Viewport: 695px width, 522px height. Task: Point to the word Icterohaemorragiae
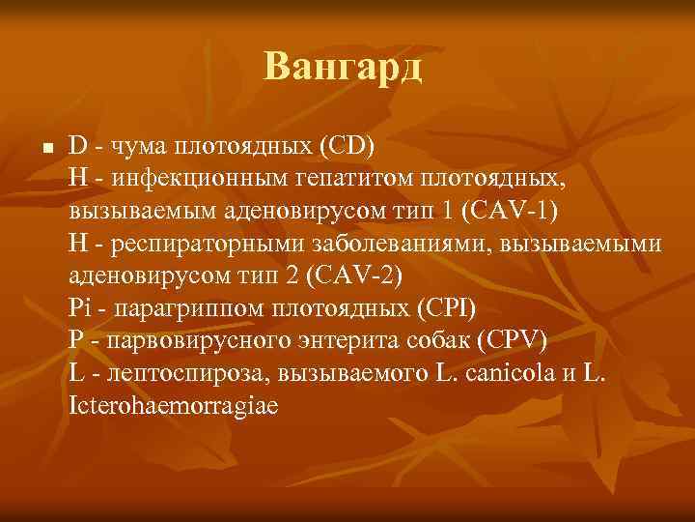174,404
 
